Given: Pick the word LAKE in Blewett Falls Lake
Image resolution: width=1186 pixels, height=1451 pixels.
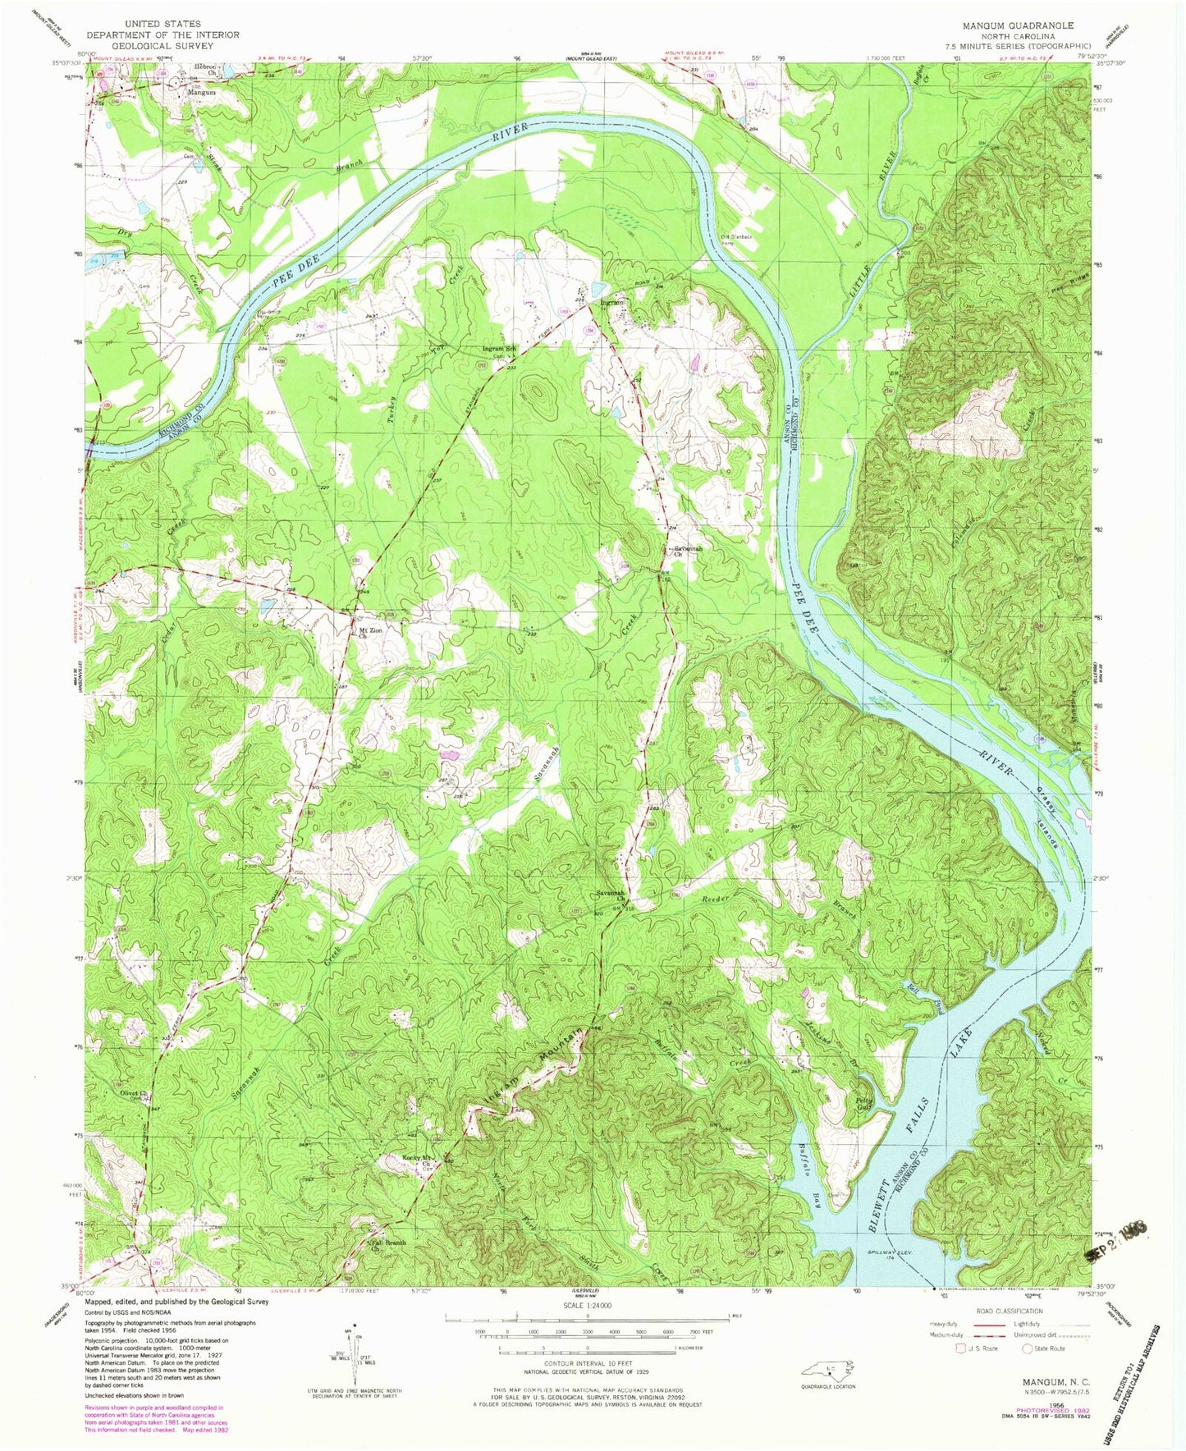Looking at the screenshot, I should click(967, 1043).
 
